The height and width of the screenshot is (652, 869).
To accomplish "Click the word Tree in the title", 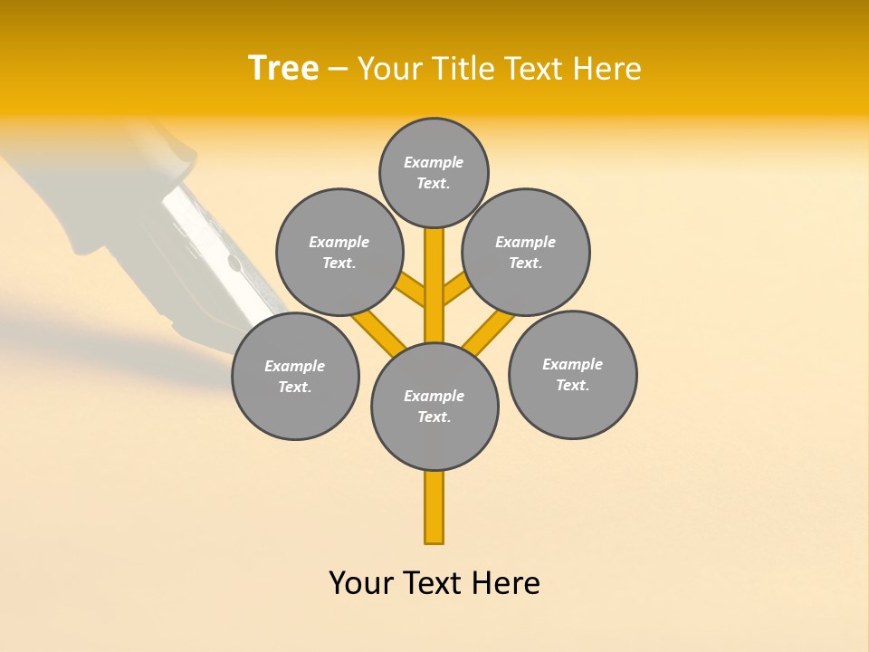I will click(283, 68).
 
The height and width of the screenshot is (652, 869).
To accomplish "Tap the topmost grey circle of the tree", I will click(434, 172).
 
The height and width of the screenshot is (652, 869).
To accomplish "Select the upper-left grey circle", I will click(339, 252).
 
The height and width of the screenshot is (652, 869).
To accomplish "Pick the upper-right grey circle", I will click(526, 252).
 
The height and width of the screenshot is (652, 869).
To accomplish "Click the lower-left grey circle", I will click(295, 376).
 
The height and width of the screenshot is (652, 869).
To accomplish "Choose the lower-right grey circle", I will click(572, 374).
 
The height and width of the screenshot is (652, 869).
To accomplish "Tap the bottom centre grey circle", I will click(434, 407).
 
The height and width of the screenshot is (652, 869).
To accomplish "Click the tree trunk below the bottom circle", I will click(434, 507).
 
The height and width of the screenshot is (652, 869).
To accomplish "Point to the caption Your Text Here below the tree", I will click(434, 583).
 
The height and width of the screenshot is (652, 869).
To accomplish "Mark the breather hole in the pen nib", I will click(234, 264).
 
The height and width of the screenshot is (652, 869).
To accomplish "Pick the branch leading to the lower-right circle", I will click(489, 331).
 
